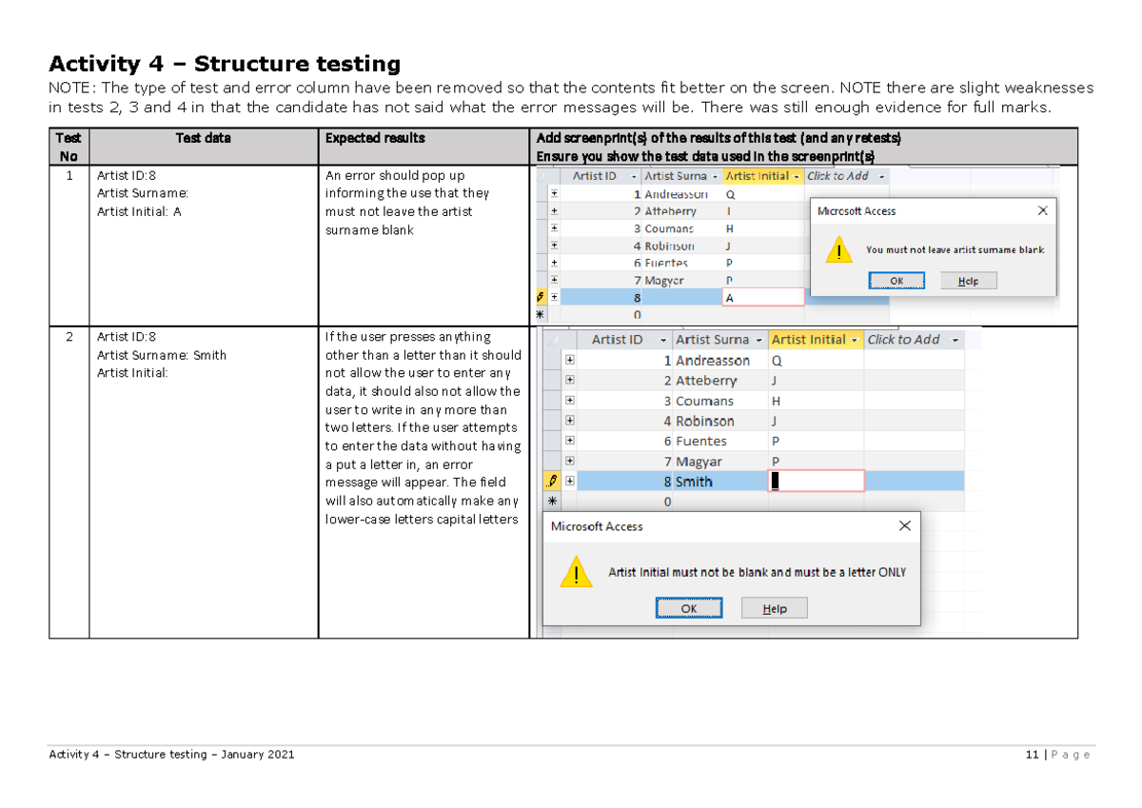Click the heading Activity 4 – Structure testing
pyautogui.click(x=225, y=64)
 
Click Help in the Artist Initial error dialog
pyautogui.click(x=774, y=608)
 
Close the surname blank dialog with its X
pyautogui.click(x=1042, y=210)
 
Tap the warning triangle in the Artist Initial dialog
pyautogui.click(x=575, y=573)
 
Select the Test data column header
pyautogui.click(x=203, y=138)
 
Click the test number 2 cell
pyautogui.click(x=69, y=337)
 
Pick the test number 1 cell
pyautogui.click(x=69, y=176)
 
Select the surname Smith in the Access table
pyautogui.click(x=694, y=482)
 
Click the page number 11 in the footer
pyautogui.click(x=1031, y=755)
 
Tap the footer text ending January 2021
pyautogui.click(x=171, y=755)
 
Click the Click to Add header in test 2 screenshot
pyautogui.click(x=904, y=340)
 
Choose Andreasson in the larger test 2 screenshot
pyautogui.click(x=713, y=361)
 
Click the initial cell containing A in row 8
pyautogui.click(x=761, y=298)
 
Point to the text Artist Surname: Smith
pyautogui.click(x=162, y=355)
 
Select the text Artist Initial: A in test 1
pyautogui.click(x=139, y=211)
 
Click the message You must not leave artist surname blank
pyautogui.click(x=955, y=250)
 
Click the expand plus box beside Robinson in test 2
pyautogui.click(x=569, y=421)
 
